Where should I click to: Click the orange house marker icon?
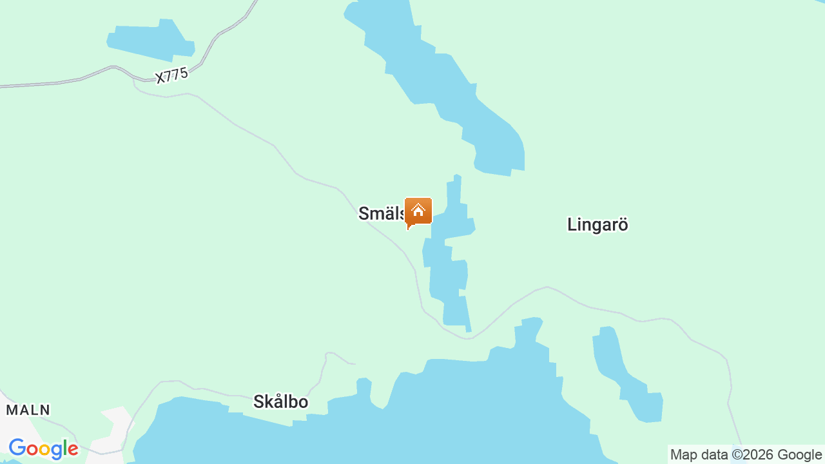point(418,212)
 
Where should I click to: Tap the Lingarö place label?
point(597,224)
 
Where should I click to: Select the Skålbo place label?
point(280,402)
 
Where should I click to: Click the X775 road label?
point(171,75)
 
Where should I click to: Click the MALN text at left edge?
point(28,410)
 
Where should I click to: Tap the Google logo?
point(43,449)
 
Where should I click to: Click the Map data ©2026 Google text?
point(746,455)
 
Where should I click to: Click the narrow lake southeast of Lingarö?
point(628,380)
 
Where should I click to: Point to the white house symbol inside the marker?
point(418,210)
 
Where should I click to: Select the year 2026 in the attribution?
point(759,455)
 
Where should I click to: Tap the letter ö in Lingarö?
point(621,224)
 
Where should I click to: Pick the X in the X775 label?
point(160,79)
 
